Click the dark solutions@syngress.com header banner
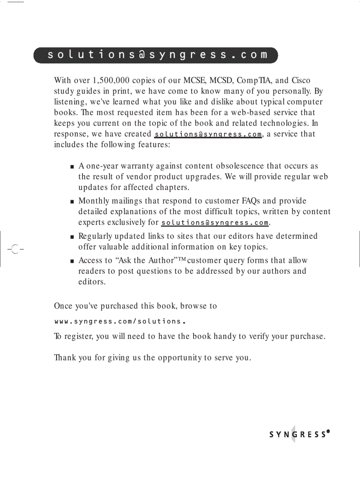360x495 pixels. (x=156, y=55)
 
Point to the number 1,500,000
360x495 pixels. (x=111, y=81)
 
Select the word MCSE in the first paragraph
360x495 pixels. (x=195, y=81)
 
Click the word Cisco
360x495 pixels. (x=301, y=81)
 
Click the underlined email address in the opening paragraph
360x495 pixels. (x=208, y=134)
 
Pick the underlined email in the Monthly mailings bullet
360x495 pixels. (x=215, y=223)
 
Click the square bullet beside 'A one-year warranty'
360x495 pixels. (x=72, y=167)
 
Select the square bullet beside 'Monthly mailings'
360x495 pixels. (x=72, y=202)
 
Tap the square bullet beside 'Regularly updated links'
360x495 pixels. (x=72, y=237)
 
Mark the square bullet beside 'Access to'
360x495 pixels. (x=72, y=261)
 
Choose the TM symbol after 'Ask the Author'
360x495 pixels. (x=182, y=259)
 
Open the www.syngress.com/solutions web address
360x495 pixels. (x=119, y=321)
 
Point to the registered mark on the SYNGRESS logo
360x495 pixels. (x=329, y=432)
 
